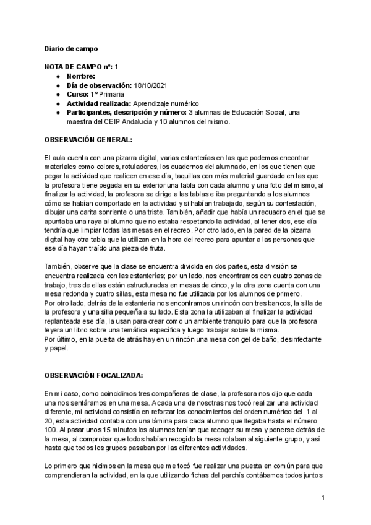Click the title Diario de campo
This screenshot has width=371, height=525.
pyautogui.click(x=71, y=48)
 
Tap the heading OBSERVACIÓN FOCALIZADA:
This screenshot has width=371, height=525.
pyautogui.click(x=94, y=376)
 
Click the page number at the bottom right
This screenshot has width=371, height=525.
pyautogui.click(x=323, y=497)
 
